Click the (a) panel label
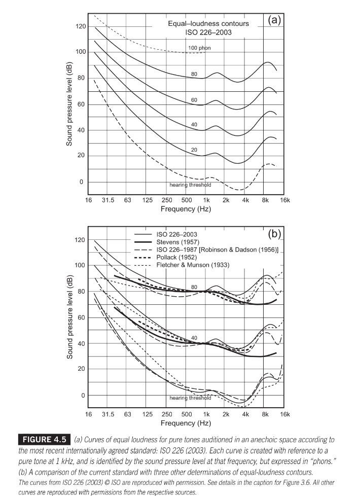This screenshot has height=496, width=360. pos(274,20)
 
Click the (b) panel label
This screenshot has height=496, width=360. pos(274,234)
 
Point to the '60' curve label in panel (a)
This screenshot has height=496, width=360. pos(194,100)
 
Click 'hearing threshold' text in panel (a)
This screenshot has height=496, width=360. pos(190,185)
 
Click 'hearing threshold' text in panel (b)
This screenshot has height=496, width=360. pos(190,398)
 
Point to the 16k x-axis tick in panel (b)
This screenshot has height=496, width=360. pos(285,414)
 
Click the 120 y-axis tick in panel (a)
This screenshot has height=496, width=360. pos(81,26)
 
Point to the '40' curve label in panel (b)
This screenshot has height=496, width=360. pos(194,338)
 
